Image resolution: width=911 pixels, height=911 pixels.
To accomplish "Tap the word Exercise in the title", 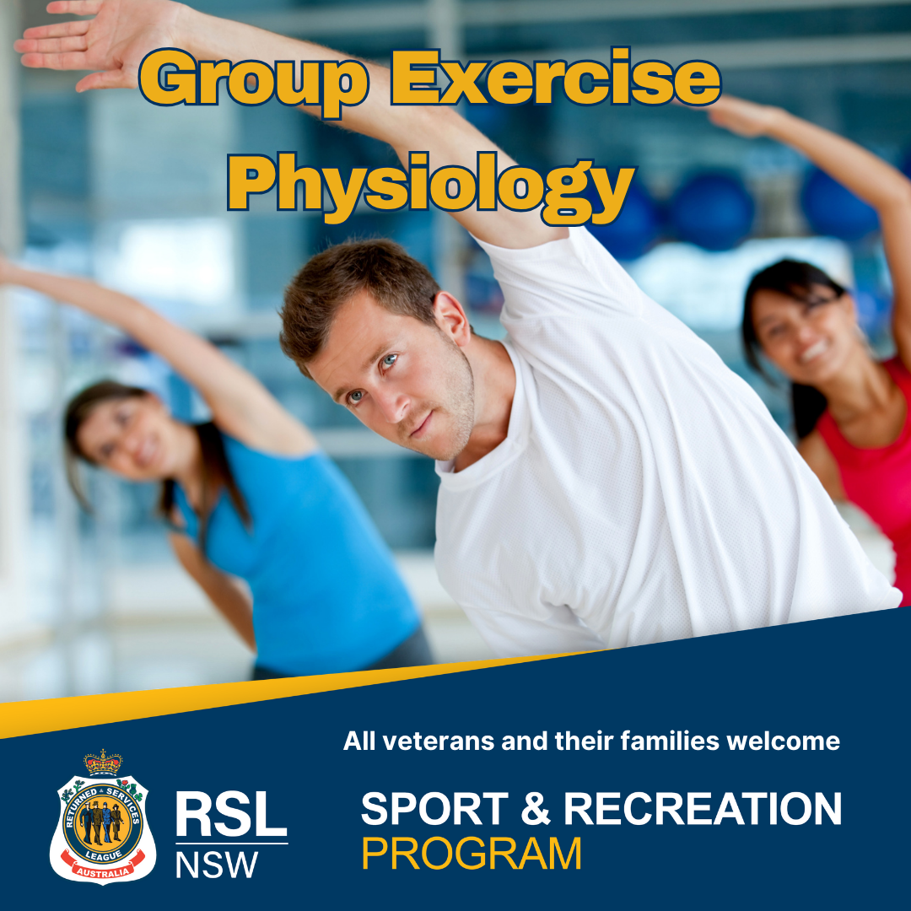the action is (x=556, y=77).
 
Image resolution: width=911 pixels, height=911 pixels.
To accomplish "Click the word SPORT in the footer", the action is (x=435, y=808).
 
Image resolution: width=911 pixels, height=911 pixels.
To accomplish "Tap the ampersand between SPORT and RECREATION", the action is (x=536, y=808).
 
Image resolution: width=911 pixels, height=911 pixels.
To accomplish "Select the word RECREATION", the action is (x=703, y=808).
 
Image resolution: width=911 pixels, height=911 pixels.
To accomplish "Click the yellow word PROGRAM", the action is (x=472, y=854).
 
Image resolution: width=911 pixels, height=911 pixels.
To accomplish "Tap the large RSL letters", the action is (x=231, y=814).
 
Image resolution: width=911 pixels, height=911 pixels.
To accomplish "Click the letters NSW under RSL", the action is (x=217, y=865).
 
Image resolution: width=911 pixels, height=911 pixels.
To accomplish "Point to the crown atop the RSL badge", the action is (x=103, y=763).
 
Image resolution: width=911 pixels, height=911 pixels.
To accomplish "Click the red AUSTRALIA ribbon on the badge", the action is (x=104, y=867).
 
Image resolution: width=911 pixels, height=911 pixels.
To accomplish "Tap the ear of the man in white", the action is (x=451, y=317).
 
